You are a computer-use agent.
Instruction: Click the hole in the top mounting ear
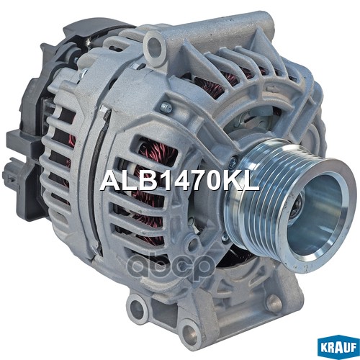153,48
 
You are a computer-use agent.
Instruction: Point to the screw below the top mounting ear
166,108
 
